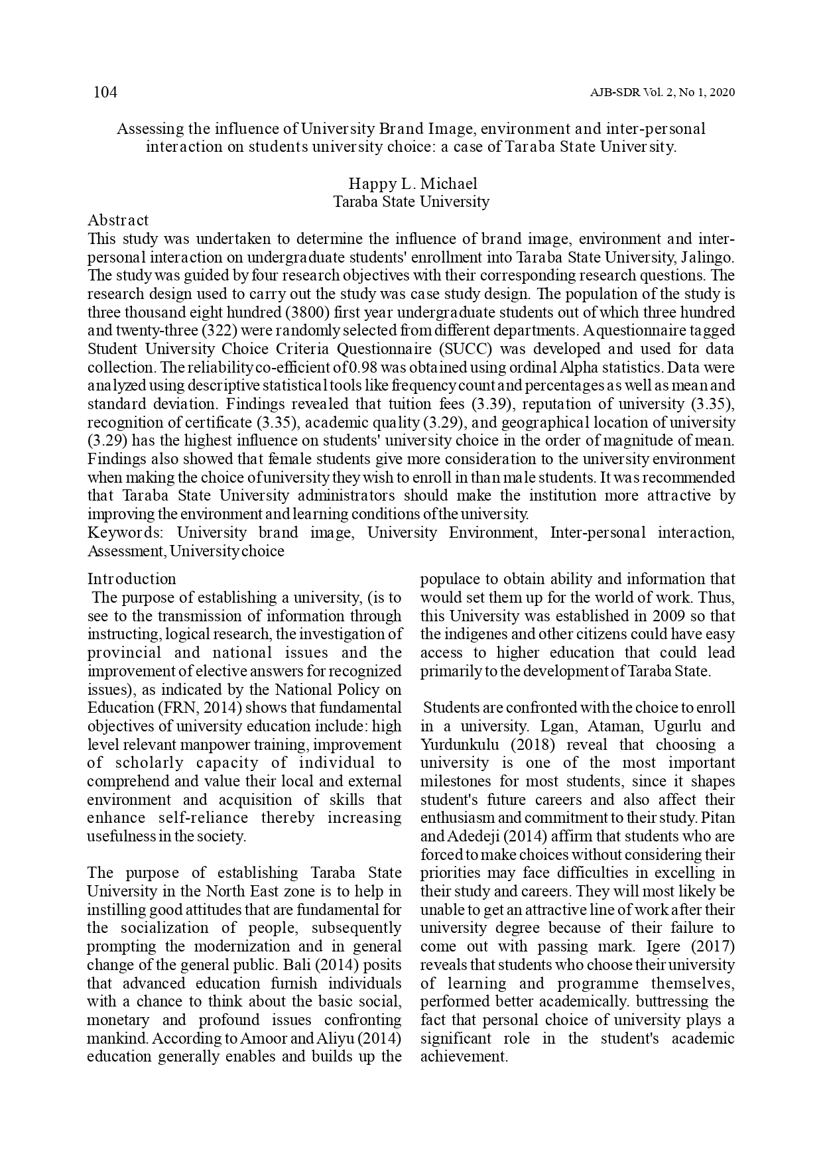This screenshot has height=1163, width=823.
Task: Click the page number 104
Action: (x=105, y=92)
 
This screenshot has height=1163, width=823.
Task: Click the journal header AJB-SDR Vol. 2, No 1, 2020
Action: (x=662, y=93)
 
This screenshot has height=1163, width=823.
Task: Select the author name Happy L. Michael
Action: (x=412, y=184)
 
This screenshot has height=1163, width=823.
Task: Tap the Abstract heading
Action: (x=118, y=220)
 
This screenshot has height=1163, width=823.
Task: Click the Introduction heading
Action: (x=132, y=579)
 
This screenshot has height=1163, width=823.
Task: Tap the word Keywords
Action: (x=128, y=532)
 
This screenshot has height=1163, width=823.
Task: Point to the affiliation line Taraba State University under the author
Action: (x=411, y=202)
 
